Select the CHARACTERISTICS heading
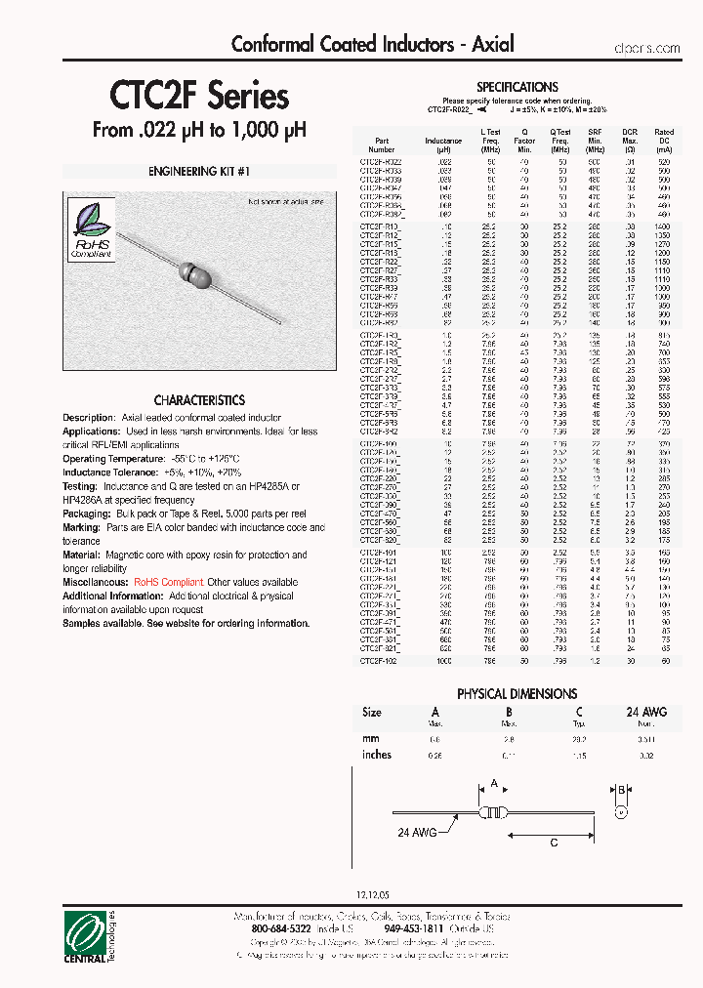coord(199,400)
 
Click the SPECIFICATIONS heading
coord(517,87)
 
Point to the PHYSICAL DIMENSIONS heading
coord(517,693)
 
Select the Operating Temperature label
coord(103,458)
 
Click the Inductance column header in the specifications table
coord(443,142)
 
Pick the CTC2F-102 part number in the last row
coord(380,661)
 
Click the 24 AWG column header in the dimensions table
coord(645,712)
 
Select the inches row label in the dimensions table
coord(377,755)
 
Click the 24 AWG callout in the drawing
coord(417,833)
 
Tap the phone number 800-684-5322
coord(278,928)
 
